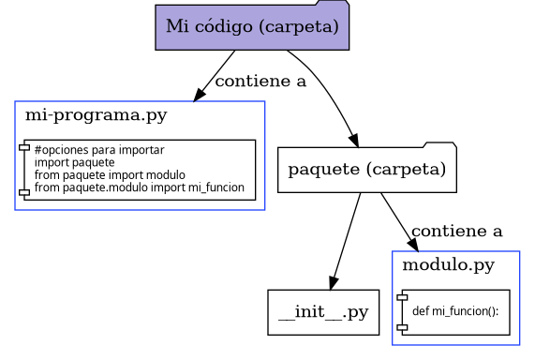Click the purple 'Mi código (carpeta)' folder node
click(x=252, y=27)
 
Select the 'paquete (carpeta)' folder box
click(x=366, y=170)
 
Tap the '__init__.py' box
click(x=323, y=312)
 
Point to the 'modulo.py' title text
click(x=448, y=265)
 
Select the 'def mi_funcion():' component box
click(x=453, y=311)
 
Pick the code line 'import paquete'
click(x=74, y=162)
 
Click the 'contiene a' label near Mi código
click(x=260, y=82)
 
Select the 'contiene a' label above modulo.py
click(x=456, y=231)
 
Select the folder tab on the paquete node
click(x=440, y=143)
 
